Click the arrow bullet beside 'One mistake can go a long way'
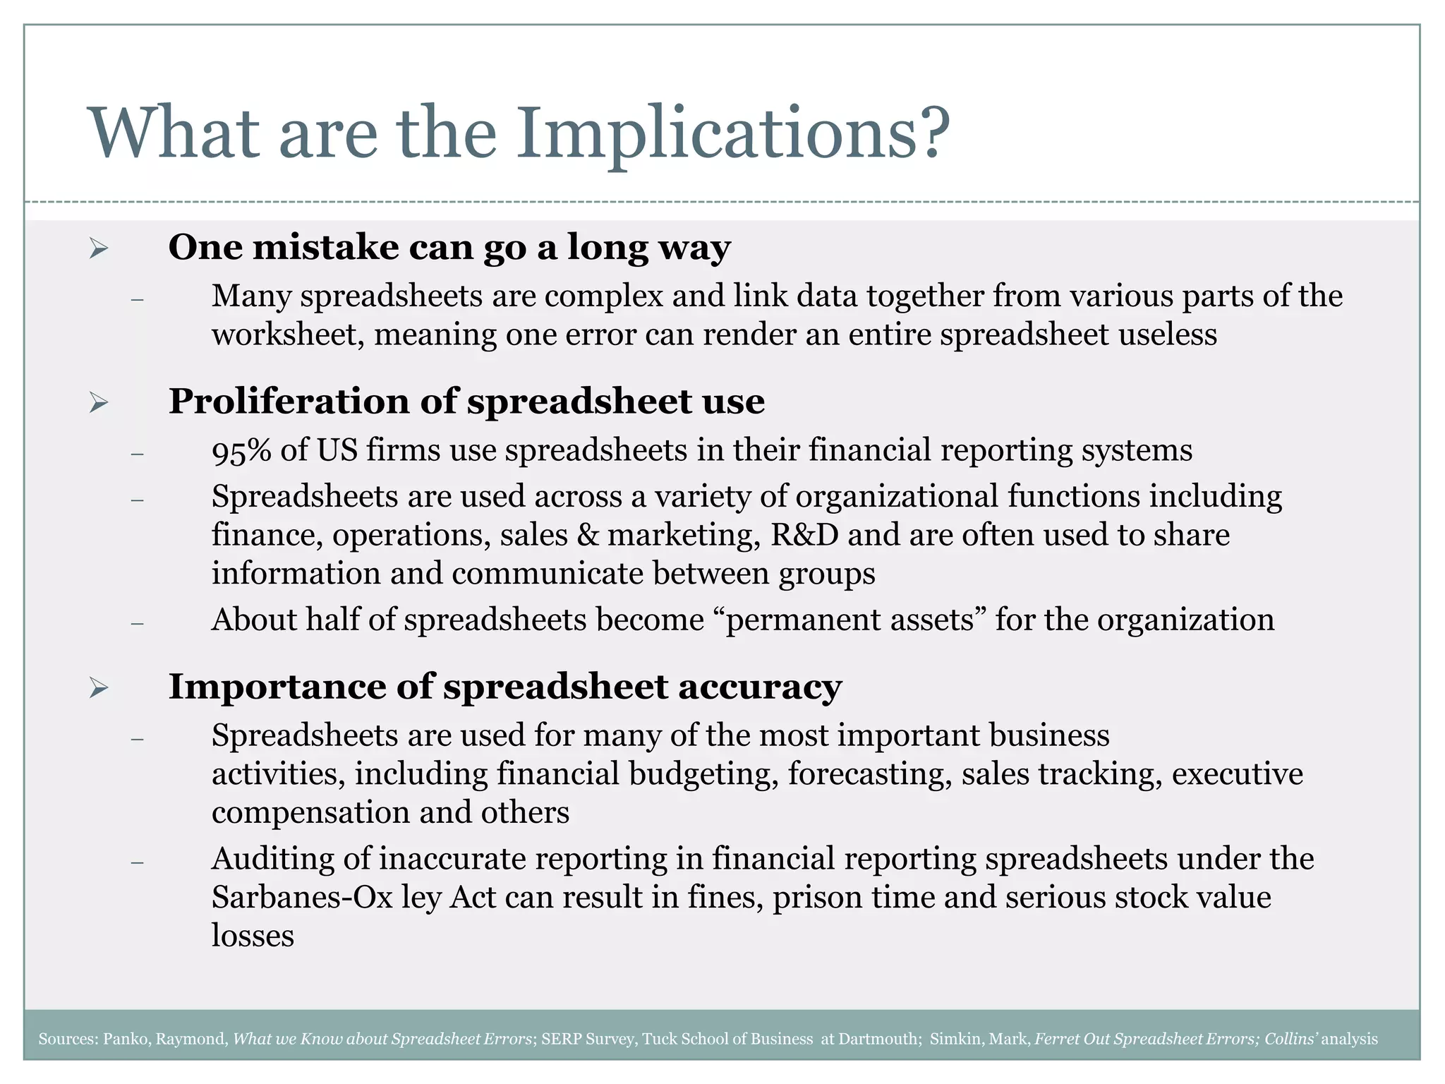coord(99,248)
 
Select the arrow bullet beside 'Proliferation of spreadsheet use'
coord(99,403)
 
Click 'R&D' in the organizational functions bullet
coord(804,535)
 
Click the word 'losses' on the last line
coord(253,936)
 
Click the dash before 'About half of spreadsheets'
coord(137,624)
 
